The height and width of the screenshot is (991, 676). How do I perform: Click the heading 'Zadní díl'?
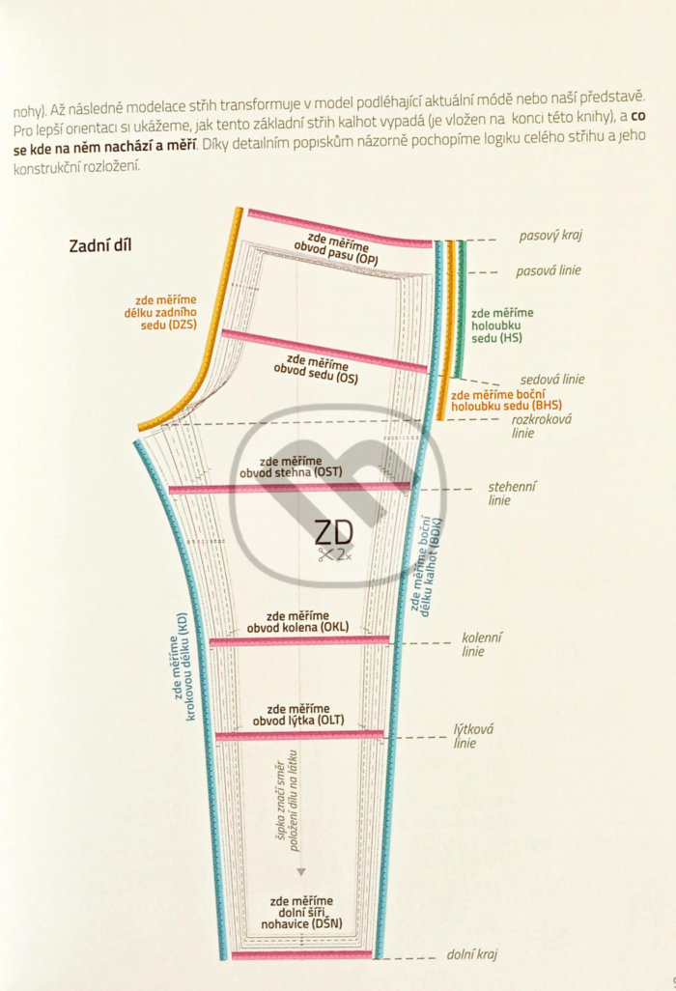pyautogui.click(x=99, y=245)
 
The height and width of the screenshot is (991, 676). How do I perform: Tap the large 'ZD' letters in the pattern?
pyautogui.click(x=333, y=533)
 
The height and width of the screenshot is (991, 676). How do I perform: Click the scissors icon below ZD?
pyautogui.click(x=326, y=555)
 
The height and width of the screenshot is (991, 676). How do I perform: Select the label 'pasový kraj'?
pyautogui.click(x=550, y=236)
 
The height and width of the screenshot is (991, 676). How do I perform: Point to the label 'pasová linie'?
pyautogui.click(x=549, y=270)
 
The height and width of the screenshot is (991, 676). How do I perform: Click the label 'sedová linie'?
pyautogui.click(x=552, y=380)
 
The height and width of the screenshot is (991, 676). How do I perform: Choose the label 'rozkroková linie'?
pyautogui.click(x=541, y=426)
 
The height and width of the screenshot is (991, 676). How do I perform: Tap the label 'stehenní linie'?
pyautogui.click(x=512, y=493)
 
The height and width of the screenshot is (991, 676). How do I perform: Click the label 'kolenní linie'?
pyautogui.click(x=482, y=644)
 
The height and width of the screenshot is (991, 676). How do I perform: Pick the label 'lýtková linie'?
pyautogui.click(x=473, y=736)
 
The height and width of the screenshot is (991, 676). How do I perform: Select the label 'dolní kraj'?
pyautogui.click(x=472, y=954)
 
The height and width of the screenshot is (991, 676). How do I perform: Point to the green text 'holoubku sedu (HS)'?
pyautogui.click(x=496, y=332)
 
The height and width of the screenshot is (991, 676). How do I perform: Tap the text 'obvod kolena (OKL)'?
pyautogui.click(x=297, y=628)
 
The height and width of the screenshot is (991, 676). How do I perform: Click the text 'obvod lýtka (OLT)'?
pyautogui.click(x=298, y=721)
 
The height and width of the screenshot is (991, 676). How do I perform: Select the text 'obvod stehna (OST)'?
pyautogui.click(x=291, y=472)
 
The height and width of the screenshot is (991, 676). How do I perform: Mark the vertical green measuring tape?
pyautogui.click(x=462, y=310)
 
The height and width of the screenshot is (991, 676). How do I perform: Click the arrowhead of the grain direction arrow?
pyautogui.click(x=301, y=871)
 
